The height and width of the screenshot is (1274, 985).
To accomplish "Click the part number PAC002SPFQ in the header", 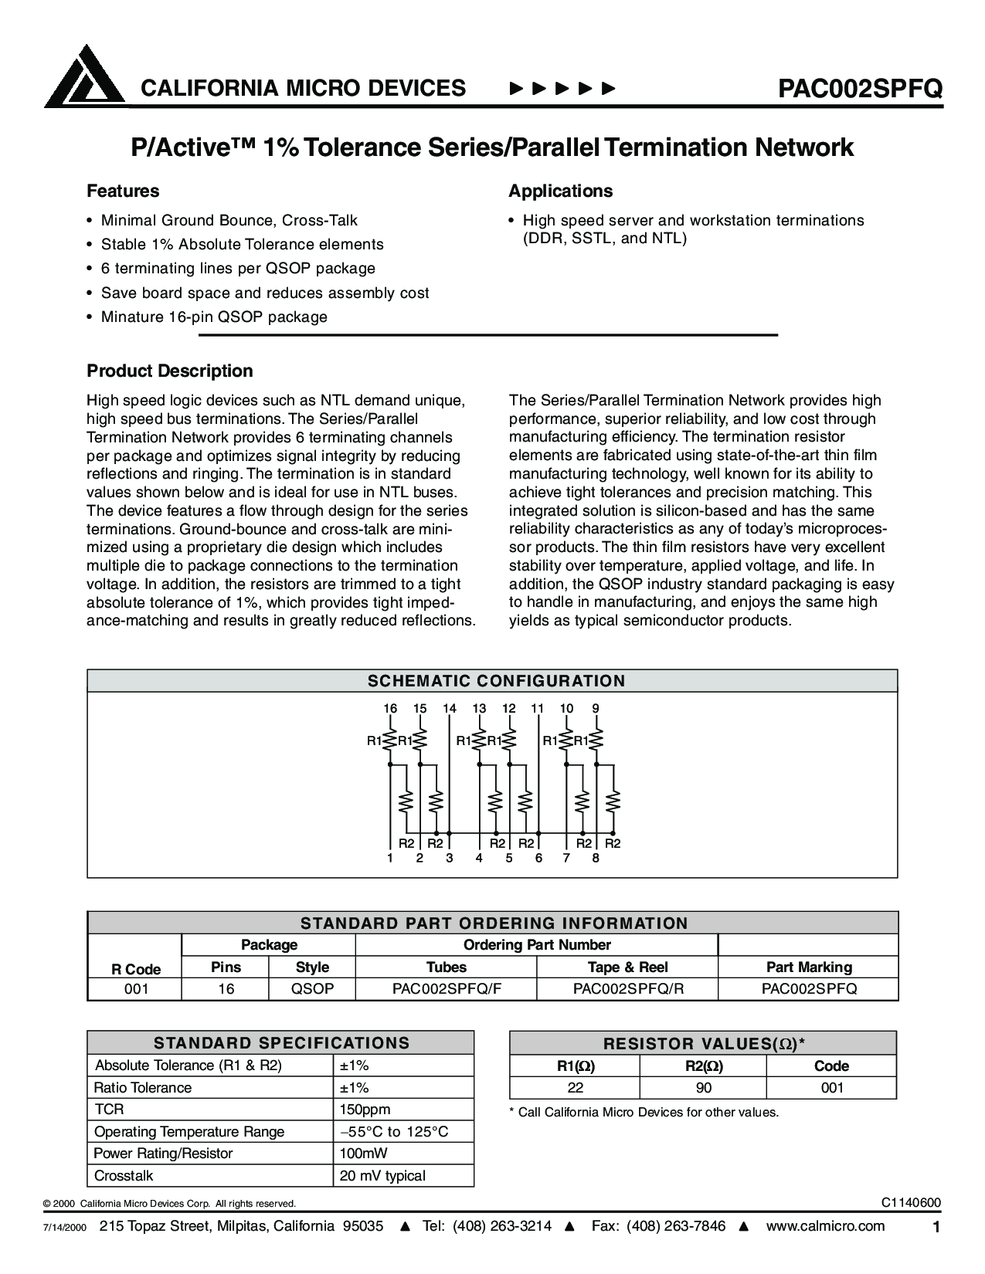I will [x=860, y=89].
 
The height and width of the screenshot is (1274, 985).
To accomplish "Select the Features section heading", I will [x=123, y=191].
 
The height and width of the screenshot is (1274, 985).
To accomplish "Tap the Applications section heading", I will [x=560, y=191].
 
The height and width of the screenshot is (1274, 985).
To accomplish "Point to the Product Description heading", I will [x=170, y=371].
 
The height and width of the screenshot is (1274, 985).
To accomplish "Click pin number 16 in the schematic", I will [x=390, y=708].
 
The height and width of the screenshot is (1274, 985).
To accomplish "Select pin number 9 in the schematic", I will [x=596, y=708].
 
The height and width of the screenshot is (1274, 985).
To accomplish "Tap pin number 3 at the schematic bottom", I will [x=450, y=858].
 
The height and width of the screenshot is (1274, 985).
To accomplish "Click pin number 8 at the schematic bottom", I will [x=596, y=858].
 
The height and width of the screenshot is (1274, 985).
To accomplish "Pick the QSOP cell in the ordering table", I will [x=312, y=988].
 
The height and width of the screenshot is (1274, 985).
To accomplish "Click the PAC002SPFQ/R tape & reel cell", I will [x=628, y=988].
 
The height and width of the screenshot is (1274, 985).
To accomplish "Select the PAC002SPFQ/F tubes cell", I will [x=447, y=988].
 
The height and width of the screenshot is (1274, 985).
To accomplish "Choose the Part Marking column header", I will [x=809, y=967].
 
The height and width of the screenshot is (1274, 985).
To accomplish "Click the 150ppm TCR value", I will [x=365, y=1109].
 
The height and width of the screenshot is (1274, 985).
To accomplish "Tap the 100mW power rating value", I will [x=363, y=1153].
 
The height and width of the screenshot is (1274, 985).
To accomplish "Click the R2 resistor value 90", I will [x=703, y=1087].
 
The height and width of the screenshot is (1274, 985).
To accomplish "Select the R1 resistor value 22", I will [x=575, y=1087].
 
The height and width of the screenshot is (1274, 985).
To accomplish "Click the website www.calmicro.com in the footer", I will [x=825, y=1226].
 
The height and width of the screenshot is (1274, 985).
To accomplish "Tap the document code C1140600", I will [x=911, y=1203].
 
